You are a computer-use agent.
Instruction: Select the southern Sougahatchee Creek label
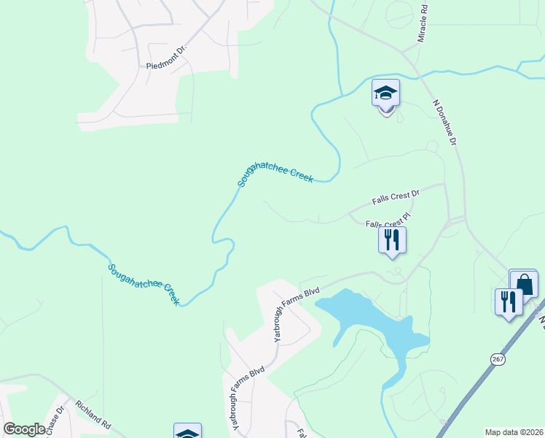[144, 284]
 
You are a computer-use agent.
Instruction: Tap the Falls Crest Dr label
[396, 196]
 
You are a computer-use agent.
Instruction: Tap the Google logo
[24, 429]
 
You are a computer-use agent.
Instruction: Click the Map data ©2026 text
[514, 431]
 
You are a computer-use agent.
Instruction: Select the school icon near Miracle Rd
[385, 93]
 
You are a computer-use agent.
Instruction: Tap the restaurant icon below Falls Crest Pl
[392, 239]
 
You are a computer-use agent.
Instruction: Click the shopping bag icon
[523, 283]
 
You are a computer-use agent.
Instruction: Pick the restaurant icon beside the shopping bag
[509, 301]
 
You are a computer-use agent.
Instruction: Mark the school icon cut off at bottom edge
[187, 432]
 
